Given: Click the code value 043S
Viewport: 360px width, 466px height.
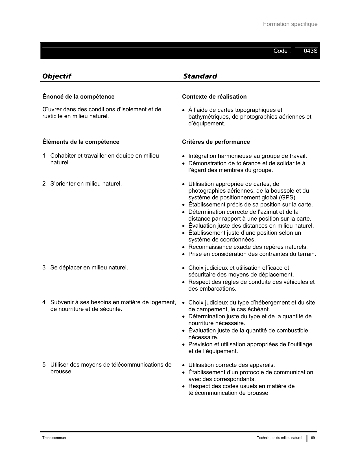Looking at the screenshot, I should click(x=310, y=51).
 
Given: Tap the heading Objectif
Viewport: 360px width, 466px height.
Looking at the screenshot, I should click(x=56, y=76).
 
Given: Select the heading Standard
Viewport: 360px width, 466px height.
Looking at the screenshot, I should click(x=200, y=76).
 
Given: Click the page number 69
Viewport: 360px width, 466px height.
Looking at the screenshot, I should click(x=313, y=438).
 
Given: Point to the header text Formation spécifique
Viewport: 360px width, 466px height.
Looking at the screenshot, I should click(x=290, y=24).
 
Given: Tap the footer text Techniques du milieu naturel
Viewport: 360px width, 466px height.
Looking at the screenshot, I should click(x=279, y=438).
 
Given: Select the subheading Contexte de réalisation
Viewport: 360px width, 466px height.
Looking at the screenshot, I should click(x=214, y=97).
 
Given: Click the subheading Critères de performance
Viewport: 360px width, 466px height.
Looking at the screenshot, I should click(x=216, y=142).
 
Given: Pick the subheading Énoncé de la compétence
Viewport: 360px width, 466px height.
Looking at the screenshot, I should click(x=78, y=97).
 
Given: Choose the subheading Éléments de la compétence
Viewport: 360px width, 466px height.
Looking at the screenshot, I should click(x=81, y=142).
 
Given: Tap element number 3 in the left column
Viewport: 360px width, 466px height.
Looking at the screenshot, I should click(x=44, y=267).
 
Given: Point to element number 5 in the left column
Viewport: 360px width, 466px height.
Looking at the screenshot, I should click(x=44, y=365).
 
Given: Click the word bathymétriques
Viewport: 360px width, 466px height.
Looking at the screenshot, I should click(x=209, y=117).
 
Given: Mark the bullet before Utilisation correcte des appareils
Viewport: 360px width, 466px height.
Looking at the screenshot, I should click(x=184, y=365).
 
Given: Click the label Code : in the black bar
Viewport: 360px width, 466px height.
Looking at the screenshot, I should click(x=282, y=51).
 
